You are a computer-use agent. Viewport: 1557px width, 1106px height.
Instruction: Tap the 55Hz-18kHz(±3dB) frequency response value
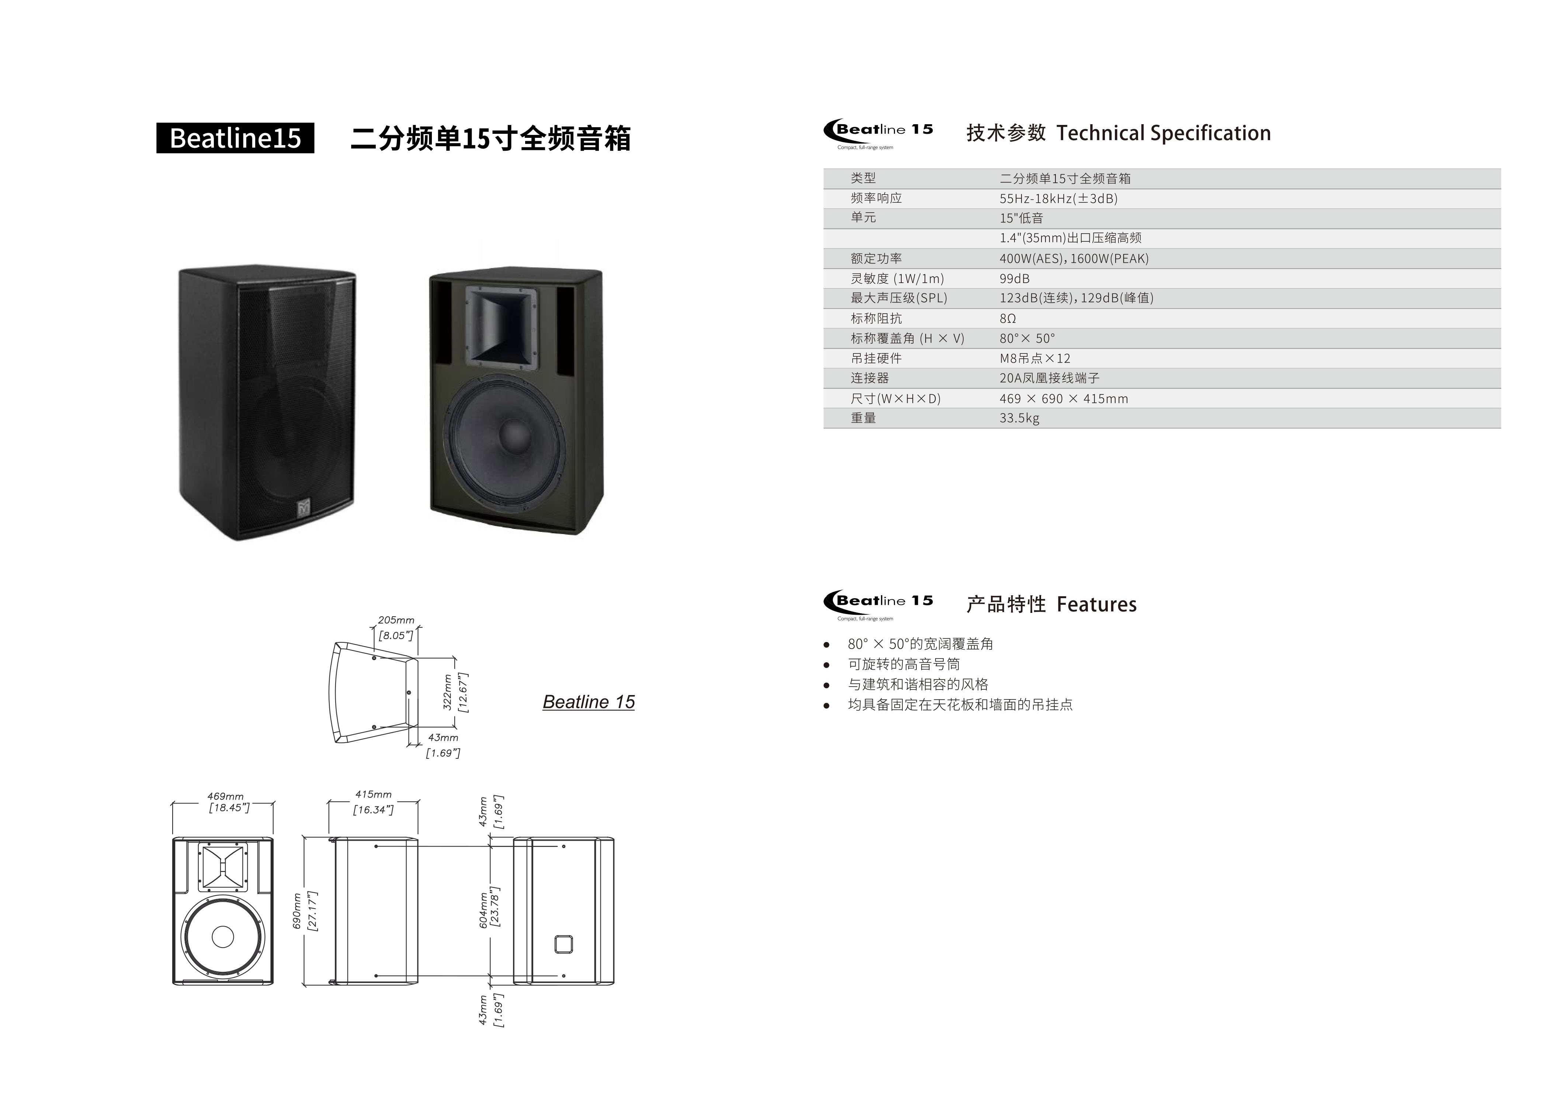[x=1058, y=198]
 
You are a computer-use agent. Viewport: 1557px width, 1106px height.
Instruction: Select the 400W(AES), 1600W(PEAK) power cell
[x=1074, y=258]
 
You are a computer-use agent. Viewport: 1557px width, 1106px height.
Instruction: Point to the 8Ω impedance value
[x=1008, y=318]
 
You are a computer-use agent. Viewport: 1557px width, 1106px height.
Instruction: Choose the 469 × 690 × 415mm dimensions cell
[x=1064, y=398]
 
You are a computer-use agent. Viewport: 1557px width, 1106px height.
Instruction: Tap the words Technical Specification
[x=1163, y=133]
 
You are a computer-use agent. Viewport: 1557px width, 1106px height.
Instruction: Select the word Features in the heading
[x=1096, y=604]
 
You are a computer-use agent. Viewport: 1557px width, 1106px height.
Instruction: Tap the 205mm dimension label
[x=396, y=620]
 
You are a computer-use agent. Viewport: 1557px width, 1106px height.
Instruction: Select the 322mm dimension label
[x=448, y=692]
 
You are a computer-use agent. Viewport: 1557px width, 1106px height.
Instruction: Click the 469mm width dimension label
[x=226, y=796]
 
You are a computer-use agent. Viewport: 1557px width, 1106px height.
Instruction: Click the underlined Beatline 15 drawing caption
[x=589, y=702]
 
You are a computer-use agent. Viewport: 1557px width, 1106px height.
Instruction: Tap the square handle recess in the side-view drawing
[x=563, y=944]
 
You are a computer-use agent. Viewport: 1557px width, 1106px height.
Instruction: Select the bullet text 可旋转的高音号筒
[x=904, y=664]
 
